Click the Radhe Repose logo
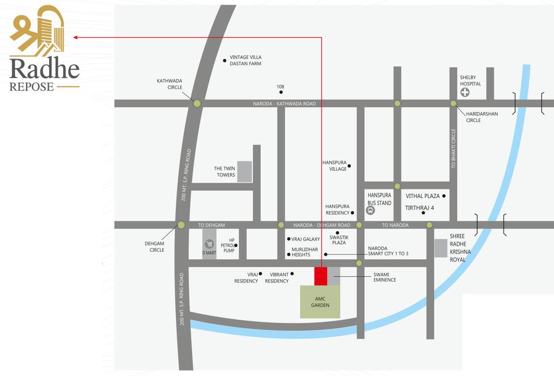click(44, 49)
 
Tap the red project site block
click(321, 276)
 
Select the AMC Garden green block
click(320, 302)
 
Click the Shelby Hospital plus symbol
click(464, 92)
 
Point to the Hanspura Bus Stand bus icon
click(371, 211)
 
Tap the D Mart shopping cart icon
click(209, 244)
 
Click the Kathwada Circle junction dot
click(197, 103)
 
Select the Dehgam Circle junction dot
click(181, 225)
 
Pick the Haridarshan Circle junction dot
click(453, 103)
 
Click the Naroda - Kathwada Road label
click(284, 104)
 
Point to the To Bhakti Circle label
click(453, 149)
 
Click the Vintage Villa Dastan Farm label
click(246, 60)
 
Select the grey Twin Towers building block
click(245, 171)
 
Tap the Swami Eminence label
click(384, 277)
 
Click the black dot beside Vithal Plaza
click(444, 196)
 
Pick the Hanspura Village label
click(334, 165)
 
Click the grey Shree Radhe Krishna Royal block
click(441, 248)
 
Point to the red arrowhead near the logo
click(76, 37)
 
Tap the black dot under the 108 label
click(281, 92)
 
